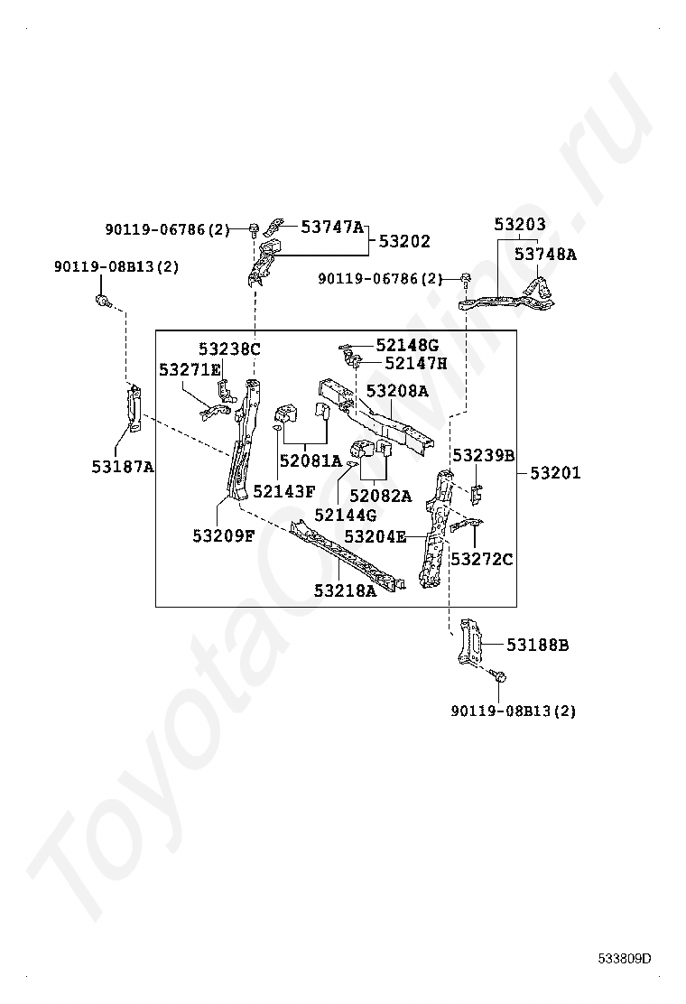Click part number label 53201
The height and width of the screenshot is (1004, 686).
555,473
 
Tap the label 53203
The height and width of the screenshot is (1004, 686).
520,224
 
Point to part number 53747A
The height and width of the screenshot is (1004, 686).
332,228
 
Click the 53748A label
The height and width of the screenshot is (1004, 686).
545,255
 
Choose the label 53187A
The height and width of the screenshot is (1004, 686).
123,467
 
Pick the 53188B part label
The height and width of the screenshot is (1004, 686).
537,645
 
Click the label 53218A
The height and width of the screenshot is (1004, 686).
345,590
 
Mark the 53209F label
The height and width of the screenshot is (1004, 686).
223,535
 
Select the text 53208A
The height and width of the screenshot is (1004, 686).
397,393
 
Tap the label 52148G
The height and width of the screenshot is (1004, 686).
407,345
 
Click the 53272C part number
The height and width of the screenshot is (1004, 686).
482,560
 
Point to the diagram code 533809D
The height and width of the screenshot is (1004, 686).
624,959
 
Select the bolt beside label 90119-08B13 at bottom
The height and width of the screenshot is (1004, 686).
499,676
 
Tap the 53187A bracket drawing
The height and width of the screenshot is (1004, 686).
134,408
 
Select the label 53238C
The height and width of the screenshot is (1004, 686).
229,349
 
